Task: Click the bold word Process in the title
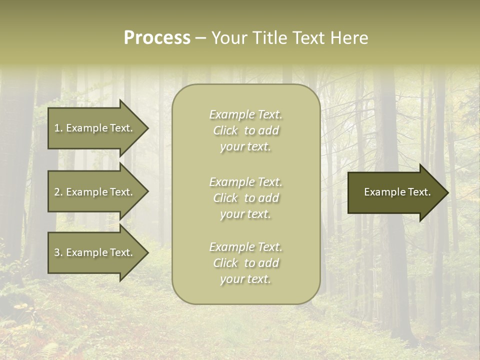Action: click(157, 38)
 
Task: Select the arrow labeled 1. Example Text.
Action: click(95, 128)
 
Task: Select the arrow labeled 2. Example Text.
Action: click(95, 192)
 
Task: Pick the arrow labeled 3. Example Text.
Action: click(95, 252)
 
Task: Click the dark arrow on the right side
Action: click(395, 192)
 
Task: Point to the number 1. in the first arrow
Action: click(58, 128)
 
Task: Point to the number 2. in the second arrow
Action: click(58, 192)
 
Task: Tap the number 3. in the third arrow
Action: click(58, 252)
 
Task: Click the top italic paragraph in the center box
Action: click(245, 130)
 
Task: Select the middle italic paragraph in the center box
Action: click(245, 198)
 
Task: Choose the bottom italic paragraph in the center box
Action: click(245, 263)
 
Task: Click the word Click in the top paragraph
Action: click(225, 130)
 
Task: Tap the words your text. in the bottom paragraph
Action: click(245, 279)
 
